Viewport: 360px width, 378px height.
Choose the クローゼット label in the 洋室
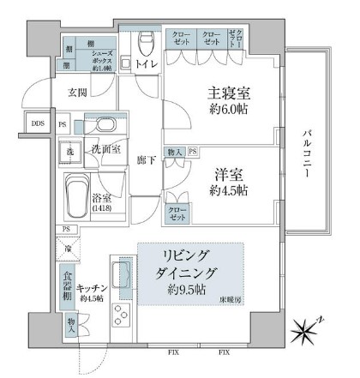[176, 211]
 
